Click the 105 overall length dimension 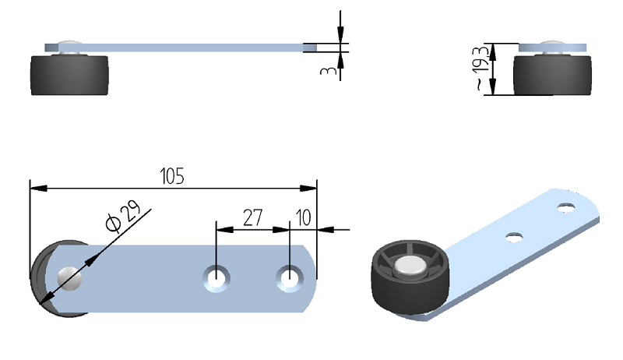(172, 176)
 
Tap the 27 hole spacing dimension (252, 217)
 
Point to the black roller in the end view (553, 76)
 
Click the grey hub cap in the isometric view (410, 268)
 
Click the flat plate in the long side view (195, 48)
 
